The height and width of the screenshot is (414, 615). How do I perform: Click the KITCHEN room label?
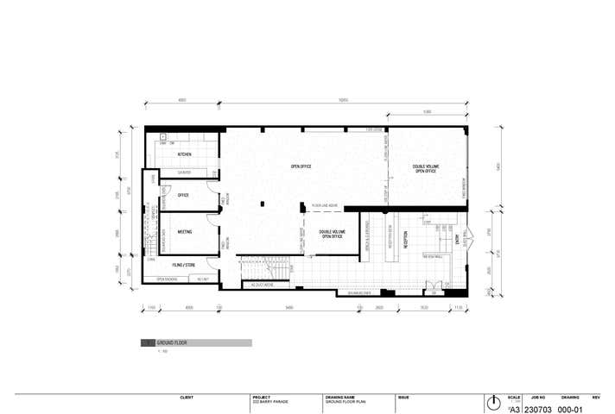[184, 154]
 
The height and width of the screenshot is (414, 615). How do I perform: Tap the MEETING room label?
[184, 232]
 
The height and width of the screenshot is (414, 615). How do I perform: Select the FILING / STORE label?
[182, 265]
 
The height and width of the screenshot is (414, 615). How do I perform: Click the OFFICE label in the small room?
[183, 196]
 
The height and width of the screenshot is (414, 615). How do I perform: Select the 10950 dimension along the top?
[343, 101]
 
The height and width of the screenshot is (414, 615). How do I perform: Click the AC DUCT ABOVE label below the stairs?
[263, 285]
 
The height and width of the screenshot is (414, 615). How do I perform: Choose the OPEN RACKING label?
[166, 279]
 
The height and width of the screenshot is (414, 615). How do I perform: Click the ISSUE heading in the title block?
[403, 398]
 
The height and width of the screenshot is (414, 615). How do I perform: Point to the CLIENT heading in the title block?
[186, 398]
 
